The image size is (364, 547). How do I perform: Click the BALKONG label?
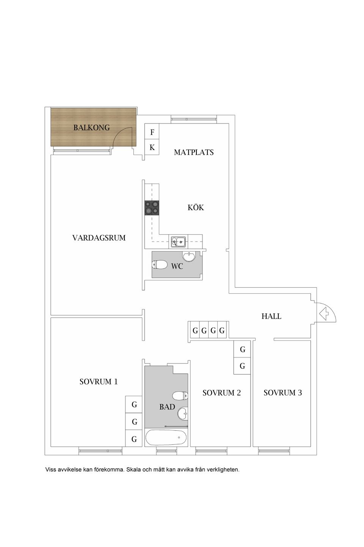[x=91, y=128]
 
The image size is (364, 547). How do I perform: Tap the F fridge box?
[x=152, y=132]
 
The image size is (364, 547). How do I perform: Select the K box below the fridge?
[x=152, y=147]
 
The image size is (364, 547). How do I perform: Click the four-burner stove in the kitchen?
[x=152, y=208]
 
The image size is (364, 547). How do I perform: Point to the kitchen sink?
[x=178, y=241]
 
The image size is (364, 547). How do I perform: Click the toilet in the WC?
[x=160, y=264]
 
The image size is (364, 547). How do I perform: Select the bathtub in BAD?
[x=166, y=437]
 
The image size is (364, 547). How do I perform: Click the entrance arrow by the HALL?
[x=324, y=314]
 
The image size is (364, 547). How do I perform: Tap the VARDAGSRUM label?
[x=99, y=238]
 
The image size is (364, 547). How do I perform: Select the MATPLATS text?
[x=194, y=152]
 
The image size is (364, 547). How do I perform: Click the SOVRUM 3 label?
[x=282, y=393]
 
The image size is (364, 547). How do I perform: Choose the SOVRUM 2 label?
[x=221, y=393]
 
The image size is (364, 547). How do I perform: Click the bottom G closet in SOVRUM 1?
[x=134, y=439]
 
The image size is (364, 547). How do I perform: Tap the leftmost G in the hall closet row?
[x=195, y=331]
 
